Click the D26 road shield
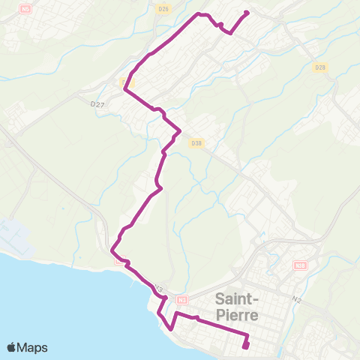(x=163, y=8)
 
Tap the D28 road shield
(x=320, y=67)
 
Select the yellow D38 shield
(x=196, y=142)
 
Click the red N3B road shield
(x=301, y=265)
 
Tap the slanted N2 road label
(x=297, y=299)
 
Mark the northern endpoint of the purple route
(x=247, y=12)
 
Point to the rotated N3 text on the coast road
(x=158, y=289)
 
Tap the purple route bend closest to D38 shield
(x=180, y=133)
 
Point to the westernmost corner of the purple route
(x=111, y=248)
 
